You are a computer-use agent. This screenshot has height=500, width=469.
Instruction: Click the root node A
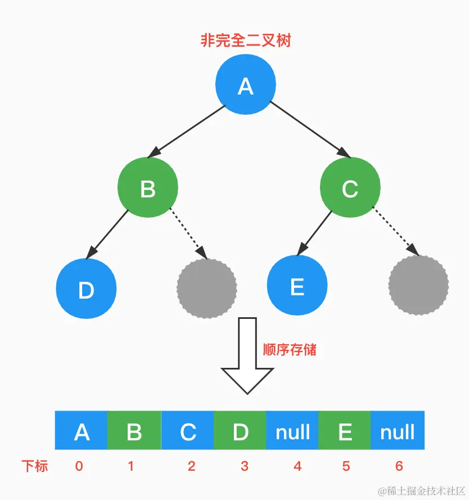point(245,85)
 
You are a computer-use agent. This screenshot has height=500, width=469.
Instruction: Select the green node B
point(148,188)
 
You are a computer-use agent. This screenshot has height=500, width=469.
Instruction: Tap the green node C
point(350,188)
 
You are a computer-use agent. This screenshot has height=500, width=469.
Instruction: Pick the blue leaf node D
point(86,289)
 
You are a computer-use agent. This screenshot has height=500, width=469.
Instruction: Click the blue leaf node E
point(297,287)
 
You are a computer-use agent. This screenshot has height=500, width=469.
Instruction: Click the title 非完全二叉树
point(246,40)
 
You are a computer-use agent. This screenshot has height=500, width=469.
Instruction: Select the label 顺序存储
point(290,349)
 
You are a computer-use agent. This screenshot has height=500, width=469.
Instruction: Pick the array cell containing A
point(82,431)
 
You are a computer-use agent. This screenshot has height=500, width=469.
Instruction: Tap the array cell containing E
point(345,431)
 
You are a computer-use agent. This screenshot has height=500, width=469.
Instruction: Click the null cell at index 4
point(292,431)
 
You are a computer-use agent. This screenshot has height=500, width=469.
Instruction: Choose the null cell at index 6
point(398,431)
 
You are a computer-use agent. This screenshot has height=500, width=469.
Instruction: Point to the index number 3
point(244,466)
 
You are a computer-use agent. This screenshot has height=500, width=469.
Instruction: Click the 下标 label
point(35,466)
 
